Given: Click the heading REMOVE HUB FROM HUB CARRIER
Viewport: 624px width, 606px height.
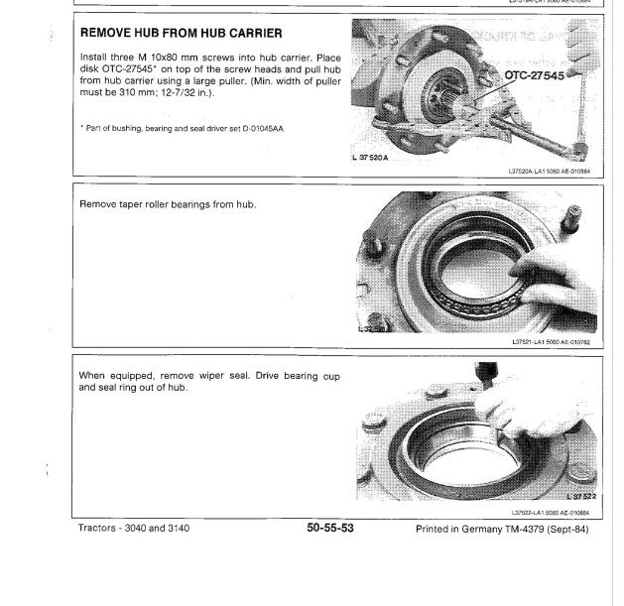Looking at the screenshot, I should pyautogui.click(x=173, y=33).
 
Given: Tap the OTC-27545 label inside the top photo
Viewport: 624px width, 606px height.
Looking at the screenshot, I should pyautogui.click(x=533, y=75).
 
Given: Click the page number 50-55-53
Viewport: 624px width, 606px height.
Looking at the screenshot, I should pyautogui.click(x=330, y=529).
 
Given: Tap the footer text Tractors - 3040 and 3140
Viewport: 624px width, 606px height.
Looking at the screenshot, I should pyautogui.click(x=134, y=529).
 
